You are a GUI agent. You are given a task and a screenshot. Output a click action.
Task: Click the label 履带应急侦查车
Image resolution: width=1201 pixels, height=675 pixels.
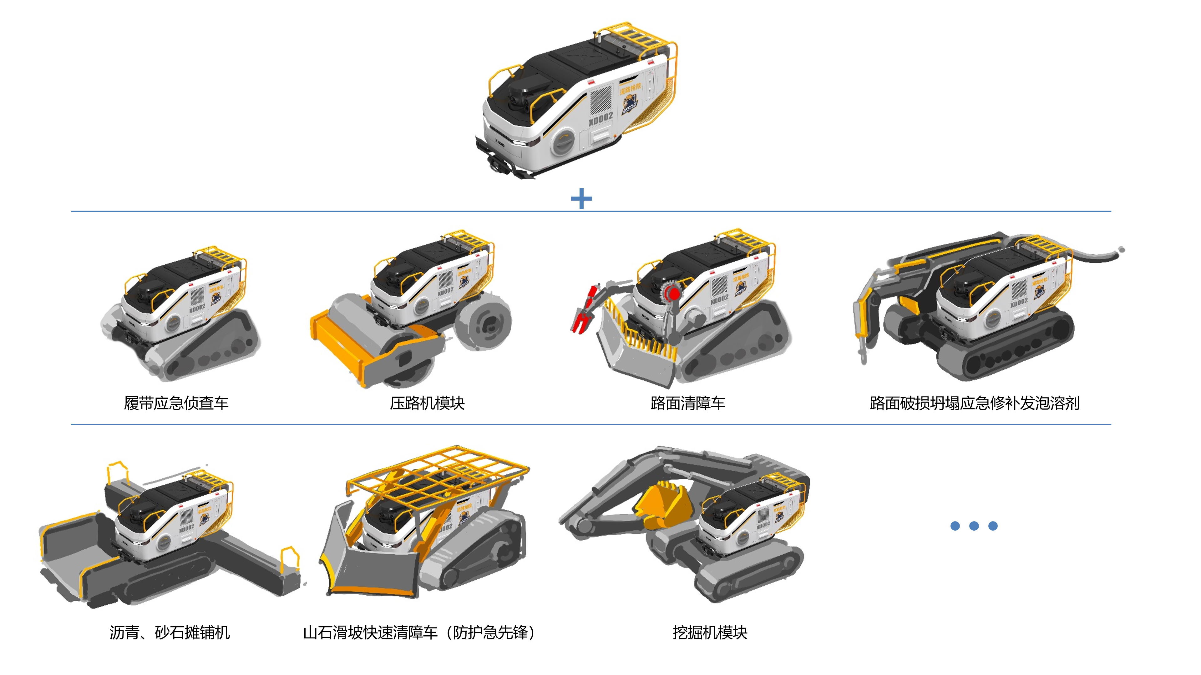(x=176, y=403)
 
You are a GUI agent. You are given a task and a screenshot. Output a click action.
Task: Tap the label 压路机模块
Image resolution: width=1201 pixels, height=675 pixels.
(x=427, y=403)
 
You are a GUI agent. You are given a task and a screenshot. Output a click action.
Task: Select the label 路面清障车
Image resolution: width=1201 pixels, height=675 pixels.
(x=688, y=403)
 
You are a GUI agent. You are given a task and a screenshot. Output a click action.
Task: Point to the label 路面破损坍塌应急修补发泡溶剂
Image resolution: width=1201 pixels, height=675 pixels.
(x=975, y=403)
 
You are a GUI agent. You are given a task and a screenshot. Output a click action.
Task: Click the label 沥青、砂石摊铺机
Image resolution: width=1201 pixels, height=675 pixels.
(x=170, y=632)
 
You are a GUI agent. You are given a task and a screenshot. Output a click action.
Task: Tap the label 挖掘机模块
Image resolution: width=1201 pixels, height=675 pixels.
(x=710, y=632)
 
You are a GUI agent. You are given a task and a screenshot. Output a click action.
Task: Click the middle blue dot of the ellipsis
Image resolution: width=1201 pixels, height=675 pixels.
(x=974, y=526)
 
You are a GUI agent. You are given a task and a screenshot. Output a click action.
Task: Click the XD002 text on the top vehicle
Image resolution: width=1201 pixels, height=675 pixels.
(x=600, y=119)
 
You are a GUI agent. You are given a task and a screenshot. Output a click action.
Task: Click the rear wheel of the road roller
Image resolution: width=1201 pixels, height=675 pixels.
(x=485, y=322)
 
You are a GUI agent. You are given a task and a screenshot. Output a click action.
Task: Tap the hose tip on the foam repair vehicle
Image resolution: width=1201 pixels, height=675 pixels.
(x=1121, y=250)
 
